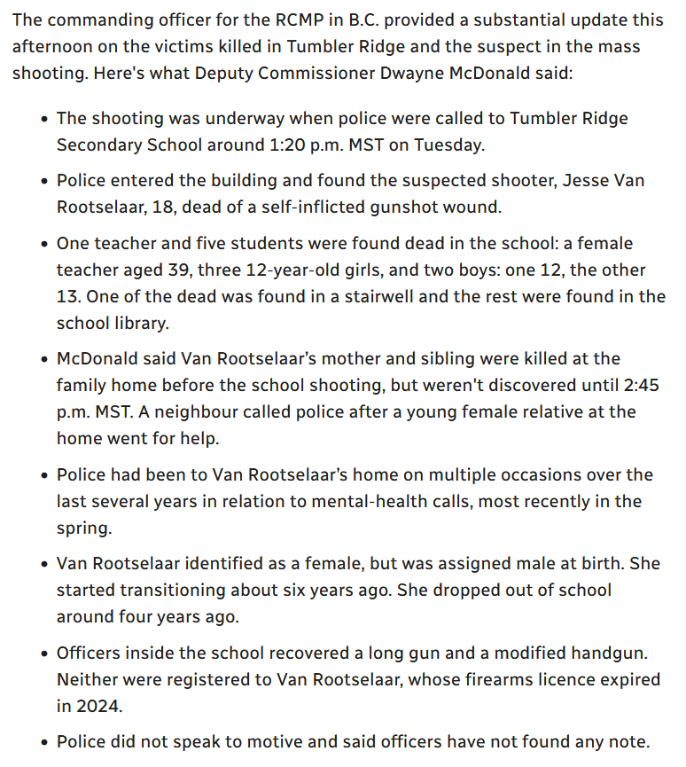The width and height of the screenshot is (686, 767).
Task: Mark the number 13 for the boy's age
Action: point(70,296)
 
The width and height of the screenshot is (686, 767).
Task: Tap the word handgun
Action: point(611,653)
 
